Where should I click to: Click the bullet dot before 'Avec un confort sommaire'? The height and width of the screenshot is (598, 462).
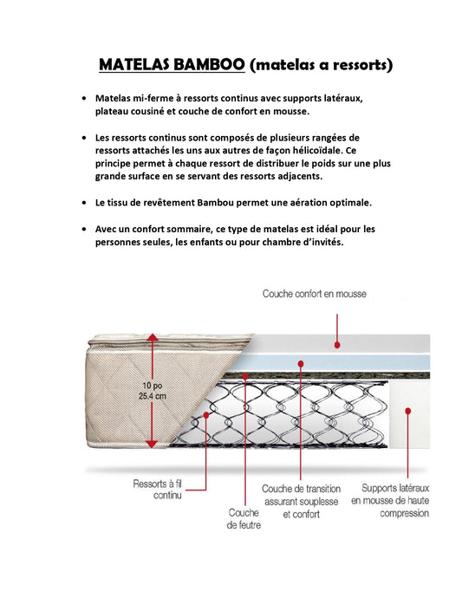click(83, 229)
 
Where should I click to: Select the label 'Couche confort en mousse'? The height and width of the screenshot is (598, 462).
click(314, 294)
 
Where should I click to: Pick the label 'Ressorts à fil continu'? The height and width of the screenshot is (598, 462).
click(158, 489)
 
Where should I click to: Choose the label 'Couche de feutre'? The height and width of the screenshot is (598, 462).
click(244, 518)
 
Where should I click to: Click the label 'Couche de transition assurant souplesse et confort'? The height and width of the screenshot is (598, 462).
click(301, 501)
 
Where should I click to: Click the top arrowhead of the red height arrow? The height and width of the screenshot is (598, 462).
click(153, 338)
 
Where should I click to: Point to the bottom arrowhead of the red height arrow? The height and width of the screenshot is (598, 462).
click(153, 443)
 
